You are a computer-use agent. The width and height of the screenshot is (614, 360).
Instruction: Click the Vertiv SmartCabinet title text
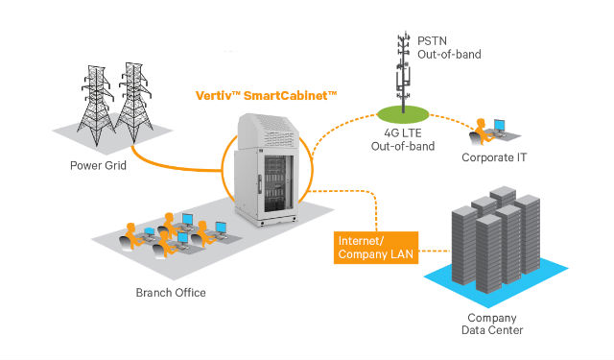point(266,96)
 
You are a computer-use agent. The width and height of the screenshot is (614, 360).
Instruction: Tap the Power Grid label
point(98,165)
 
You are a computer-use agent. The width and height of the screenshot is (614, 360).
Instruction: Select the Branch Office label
point(171,293)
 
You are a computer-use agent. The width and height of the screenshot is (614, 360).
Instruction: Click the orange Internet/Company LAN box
point(376,248)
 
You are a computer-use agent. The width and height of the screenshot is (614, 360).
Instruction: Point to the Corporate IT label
point(494,157)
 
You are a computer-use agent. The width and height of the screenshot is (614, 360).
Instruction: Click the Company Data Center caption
point(492,324)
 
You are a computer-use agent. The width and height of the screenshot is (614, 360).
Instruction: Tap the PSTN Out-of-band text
point(449,47)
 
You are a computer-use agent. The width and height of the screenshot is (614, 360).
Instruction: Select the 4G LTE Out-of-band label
point(403,140)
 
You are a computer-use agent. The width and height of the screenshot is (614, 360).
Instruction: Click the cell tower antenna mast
point(403,72)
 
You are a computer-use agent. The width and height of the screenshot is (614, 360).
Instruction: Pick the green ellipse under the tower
point(403,114)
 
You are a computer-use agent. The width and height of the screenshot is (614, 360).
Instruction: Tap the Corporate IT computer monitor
point(499,126)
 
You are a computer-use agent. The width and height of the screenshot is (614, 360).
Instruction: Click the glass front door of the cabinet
point(278,184)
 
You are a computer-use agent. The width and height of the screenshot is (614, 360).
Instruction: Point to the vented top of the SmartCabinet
point(269,132)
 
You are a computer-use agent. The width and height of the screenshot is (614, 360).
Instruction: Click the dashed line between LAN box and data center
point(435,251)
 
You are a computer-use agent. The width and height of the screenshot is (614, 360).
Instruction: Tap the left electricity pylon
point(96,105)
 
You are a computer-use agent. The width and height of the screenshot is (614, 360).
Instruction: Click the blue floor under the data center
point(496,280)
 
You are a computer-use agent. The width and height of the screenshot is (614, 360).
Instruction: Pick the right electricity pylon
point(134,102)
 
